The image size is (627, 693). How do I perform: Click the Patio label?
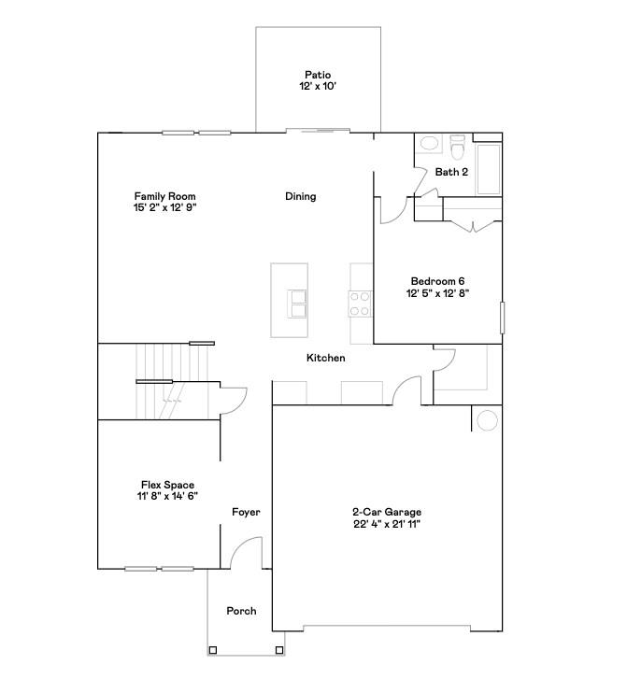point(318,75)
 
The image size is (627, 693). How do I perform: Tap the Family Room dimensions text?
point(164,208)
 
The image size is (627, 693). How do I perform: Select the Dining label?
point(300,196)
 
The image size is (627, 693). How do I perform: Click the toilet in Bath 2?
point(457,147)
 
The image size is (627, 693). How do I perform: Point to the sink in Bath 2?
point(430,145)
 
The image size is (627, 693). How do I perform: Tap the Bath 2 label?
point(451,172)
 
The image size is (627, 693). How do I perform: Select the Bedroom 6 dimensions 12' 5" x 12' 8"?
point(436,293)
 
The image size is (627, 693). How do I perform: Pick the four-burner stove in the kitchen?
point(361,303)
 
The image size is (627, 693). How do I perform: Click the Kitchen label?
point(326,358)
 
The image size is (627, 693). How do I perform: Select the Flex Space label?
point(167,485)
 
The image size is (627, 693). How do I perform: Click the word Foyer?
point(246,512)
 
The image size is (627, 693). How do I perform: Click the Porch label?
point(241,611)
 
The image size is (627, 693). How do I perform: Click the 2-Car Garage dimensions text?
point(386,524)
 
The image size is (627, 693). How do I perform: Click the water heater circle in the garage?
point(487,421)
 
